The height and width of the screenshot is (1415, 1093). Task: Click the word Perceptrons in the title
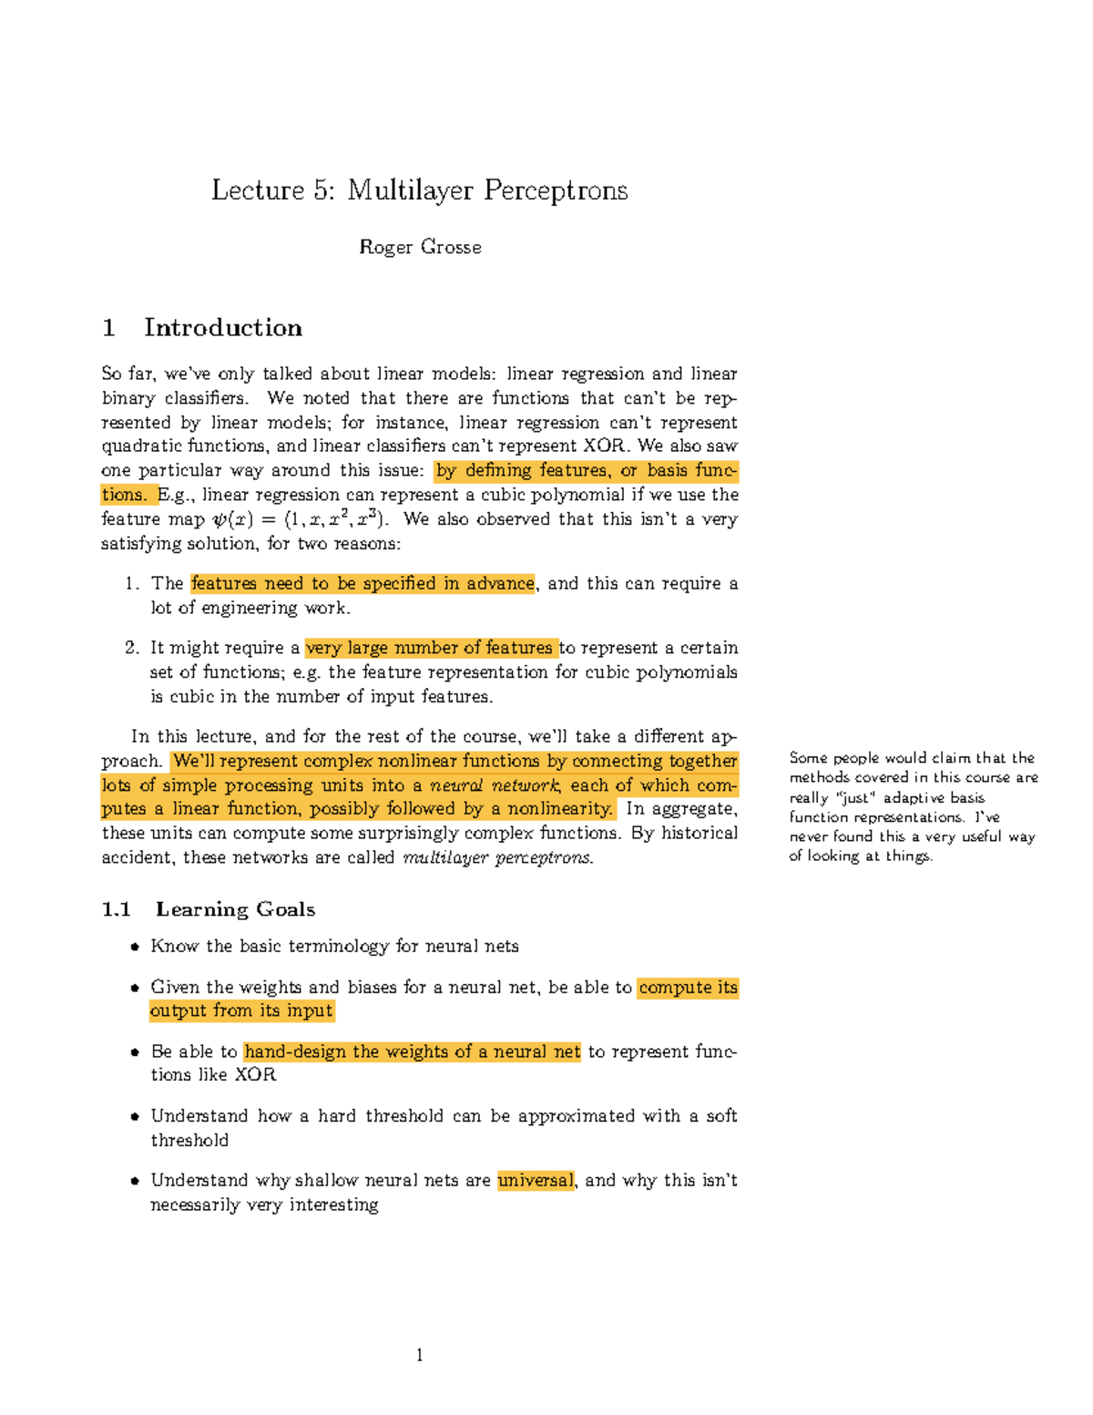point(555,190)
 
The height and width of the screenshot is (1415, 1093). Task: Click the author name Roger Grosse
point(420,247)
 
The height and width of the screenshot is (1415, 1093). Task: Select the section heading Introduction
point(222,328)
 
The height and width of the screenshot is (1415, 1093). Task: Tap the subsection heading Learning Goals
point(235,909)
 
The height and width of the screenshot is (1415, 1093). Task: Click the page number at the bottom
point(419,1355)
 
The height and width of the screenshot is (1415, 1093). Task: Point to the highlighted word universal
point(536,1181)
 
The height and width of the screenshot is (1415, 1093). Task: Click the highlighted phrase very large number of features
point(430,648)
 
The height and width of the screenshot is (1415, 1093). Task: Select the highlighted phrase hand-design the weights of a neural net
point(412,1051)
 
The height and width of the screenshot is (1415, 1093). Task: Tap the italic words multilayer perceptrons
point(497,857)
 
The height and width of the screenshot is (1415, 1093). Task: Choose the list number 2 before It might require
point(132,648)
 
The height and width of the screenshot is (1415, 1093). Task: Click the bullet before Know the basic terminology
point(135,947)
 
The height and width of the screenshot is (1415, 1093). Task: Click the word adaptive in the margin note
point(911,797)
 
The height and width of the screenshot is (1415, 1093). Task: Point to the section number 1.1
point(116,909)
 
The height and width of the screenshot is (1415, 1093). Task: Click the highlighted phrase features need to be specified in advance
point(363,583)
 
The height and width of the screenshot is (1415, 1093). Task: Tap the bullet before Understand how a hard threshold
point(135,1116)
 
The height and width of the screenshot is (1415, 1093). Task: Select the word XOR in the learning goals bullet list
point(255,1075)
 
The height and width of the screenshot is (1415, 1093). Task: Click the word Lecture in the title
point(258,190)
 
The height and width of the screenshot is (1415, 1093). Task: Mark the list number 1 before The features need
point(132,584)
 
